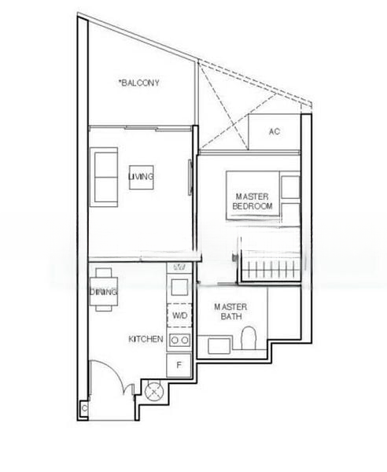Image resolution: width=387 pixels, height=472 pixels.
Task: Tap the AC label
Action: [x=274, y=131]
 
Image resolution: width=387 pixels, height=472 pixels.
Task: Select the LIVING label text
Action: [x=142, y=177]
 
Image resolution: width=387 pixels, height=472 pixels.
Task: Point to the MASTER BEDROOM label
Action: [x=252, y=201]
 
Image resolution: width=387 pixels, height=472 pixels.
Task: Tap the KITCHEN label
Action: [x=146, y=339]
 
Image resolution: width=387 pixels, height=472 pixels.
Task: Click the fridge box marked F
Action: [x=179, y=365]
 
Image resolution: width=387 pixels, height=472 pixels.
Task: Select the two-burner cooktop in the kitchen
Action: [x=179, y=341]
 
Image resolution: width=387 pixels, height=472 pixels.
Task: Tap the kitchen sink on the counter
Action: [x=179, y=287]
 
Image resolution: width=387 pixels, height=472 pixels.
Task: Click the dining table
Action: [x=105, y=290]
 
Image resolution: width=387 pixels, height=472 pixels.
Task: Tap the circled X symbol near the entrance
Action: [x=150, y=388]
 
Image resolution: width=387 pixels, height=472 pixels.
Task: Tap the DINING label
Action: [x=105, y=293]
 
